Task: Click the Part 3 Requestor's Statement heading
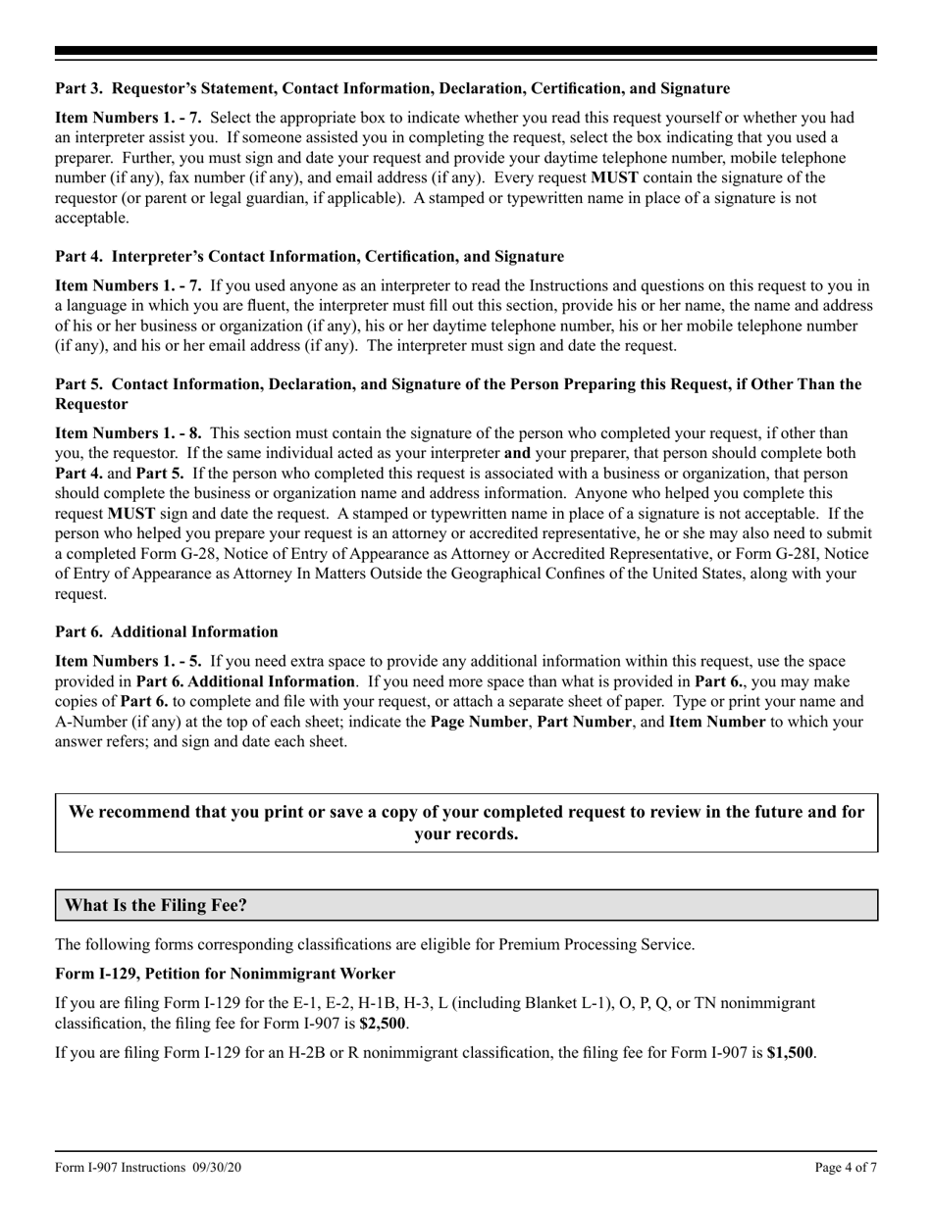pos(391,89)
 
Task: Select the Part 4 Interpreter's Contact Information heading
pos(309,257)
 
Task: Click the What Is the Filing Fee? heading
pos(156,905)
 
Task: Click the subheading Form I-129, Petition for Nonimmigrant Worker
pos(225,974)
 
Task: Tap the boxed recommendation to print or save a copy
pos(466,823)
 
